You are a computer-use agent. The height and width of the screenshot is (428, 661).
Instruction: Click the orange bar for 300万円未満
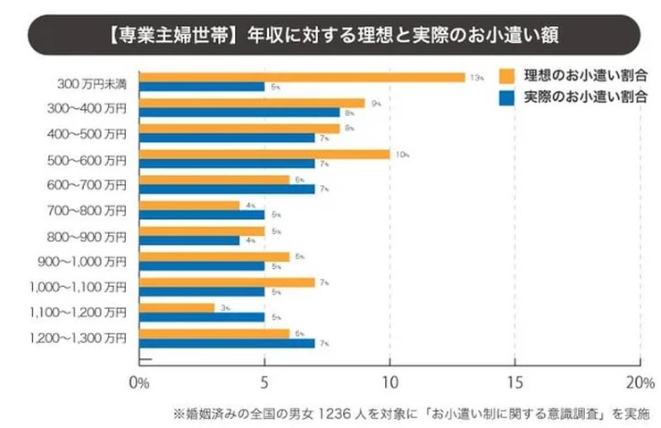(x=302, y=77)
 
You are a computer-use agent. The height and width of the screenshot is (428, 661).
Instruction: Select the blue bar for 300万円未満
(x=202, y=88)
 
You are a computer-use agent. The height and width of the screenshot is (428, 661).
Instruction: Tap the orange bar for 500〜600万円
(x=264, y=155)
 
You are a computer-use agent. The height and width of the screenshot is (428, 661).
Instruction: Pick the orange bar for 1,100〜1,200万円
(x=176, y=307)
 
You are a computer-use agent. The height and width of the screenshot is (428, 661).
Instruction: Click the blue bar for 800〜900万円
(x=189, y=240)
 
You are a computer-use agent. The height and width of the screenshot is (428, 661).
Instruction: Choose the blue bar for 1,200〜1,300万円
(x=227, y=343)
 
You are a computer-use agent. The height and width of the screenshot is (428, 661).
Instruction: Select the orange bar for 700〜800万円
(x=189, y=206)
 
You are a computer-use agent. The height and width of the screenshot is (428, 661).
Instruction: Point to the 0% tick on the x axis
(x=138, y=383)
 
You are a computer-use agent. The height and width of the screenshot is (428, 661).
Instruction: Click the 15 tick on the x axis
(x=515, y=383)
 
